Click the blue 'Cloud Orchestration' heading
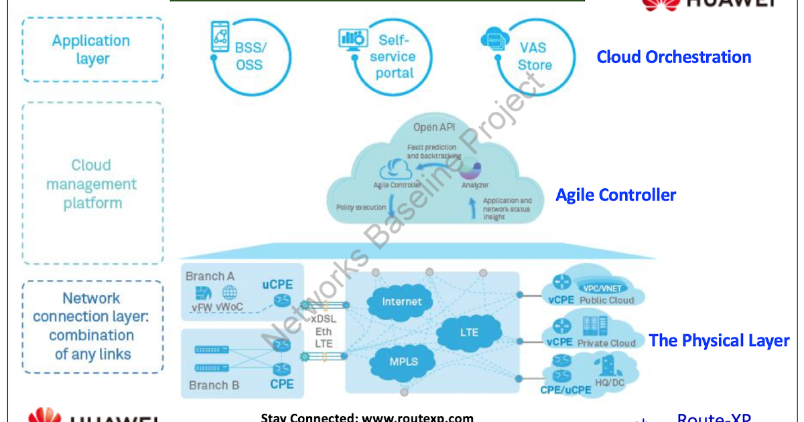(x=673, y=57)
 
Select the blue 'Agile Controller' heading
(x=616, y=195)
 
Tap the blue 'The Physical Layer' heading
(x=719, y=340)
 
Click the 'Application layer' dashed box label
(x=91, y=50)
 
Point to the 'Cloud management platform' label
(x=91, y=184)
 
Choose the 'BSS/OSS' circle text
(x=249, y=56)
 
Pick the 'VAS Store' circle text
(x=534, y=56)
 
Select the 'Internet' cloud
(x=402, y=301)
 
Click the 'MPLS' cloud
(x=403, y=361)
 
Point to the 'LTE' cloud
(x=469, y=332)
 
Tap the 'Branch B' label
(x=214, y=385)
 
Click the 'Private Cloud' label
(x=607, y=343)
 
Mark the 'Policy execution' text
(x=361, y=208)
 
